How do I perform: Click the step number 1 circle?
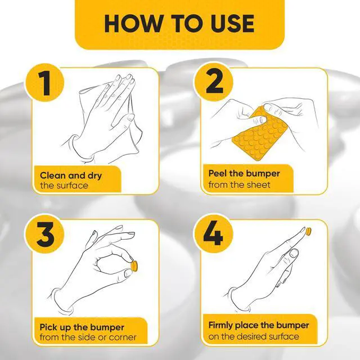(45, 83)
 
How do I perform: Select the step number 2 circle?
(214, 82)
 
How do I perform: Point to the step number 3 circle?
(45, 234)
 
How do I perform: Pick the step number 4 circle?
(214, 233)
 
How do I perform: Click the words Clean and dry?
(71, 175)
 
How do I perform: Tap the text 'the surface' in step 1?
(64, 185)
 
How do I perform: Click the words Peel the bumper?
(244, 173)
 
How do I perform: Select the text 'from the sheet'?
(239, 184)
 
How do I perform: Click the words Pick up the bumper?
(82, 327)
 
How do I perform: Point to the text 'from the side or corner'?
(88, 337)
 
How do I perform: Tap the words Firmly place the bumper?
(259, 326)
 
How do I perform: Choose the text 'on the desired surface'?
(254, 336)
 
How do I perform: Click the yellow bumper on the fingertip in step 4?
(308, 231)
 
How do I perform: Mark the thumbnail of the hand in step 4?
(293, 253)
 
